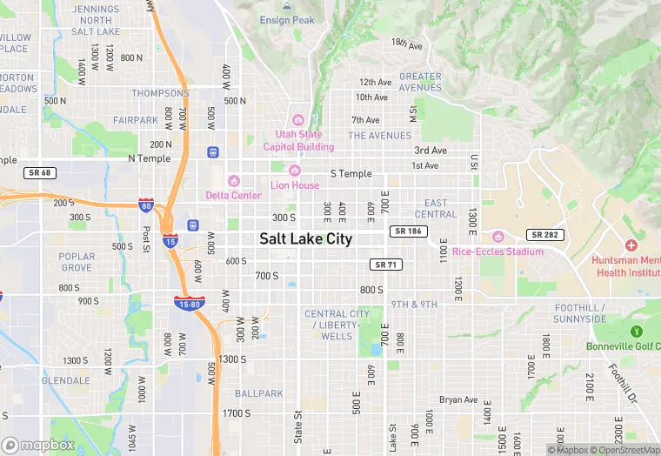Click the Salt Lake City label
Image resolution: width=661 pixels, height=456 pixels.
(x=305, y=238)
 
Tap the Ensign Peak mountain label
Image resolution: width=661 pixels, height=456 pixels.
(x=287, y=20)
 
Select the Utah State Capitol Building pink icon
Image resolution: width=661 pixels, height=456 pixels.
(x=298, y=120)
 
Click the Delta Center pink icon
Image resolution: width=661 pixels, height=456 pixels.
(x=233, y=181)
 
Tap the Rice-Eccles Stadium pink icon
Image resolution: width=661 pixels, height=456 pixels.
(x=497, y=237)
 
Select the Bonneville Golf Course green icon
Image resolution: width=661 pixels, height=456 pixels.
(x=636, y=331)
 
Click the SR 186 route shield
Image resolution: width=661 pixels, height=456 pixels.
(x=408, y=231)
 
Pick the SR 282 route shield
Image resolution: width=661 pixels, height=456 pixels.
(x=544, y=235)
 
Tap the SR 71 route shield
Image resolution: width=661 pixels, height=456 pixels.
(x=385, y=264)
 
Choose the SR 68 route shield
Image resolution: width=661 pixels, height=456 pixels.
(x=40, y=172)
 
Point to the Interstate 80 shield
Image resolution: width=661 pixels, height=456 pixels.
(x=146, y=205)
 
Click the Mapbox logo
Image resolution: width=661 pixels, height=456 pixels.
(x=38, y=444)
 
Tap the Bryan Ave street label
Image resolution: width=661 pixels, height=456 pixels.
(x=458, y=400)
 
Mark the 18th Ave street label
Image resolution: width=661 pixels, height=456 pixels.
(x=405, y=43)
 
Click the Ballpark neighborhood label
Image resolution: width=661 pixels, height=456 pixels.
(x=258, y=393)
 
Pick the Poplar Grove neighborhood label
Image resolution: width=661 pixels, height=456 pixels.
(x=77, y=262)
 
